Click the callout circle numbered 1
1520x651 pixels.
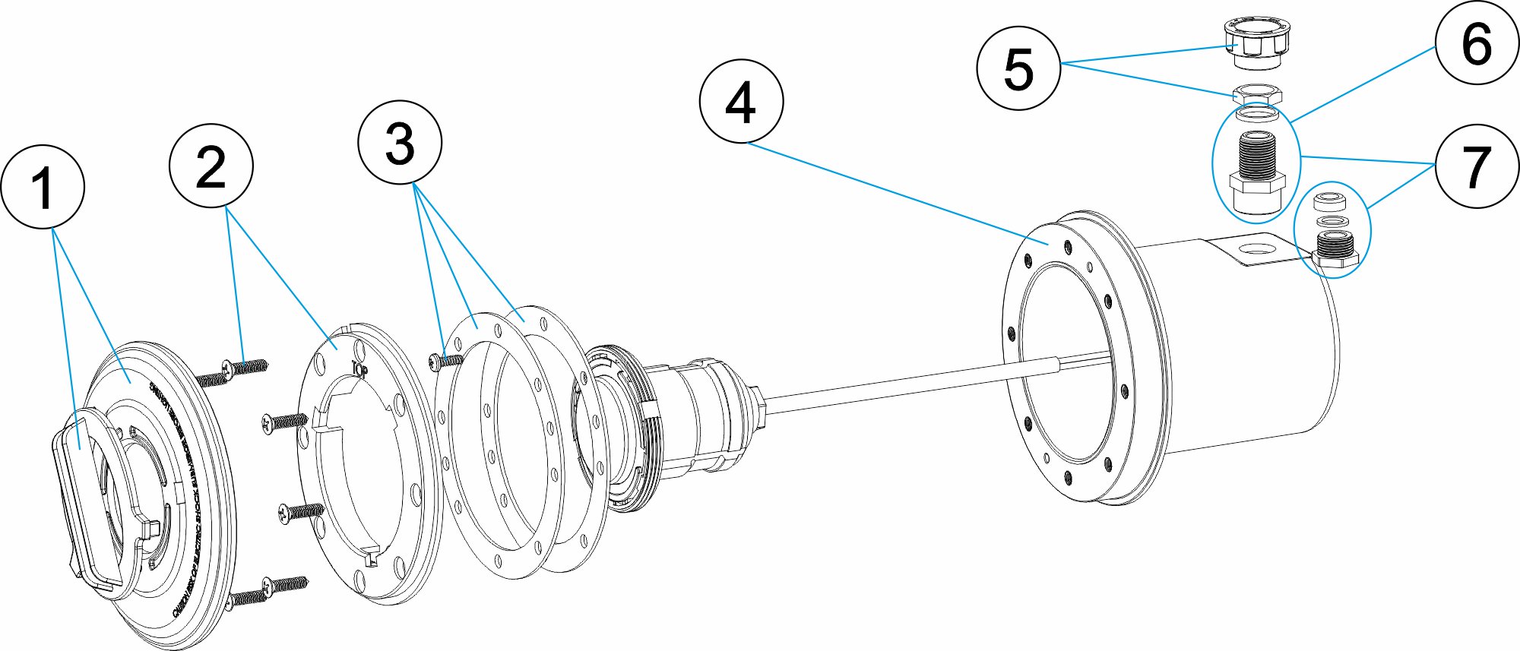(43, 187)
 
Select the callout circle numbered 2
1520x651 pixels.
(211, 166)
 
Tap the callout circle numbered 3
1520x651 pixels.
(400, 143)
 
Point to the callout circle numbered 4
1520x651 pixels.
(741, 102)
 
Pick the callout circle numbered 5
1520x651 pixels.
(1018, 68)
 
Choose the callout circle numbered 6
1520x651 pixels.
(1476, 43)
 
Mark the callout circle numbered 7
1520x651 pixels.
(1476, 166)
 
